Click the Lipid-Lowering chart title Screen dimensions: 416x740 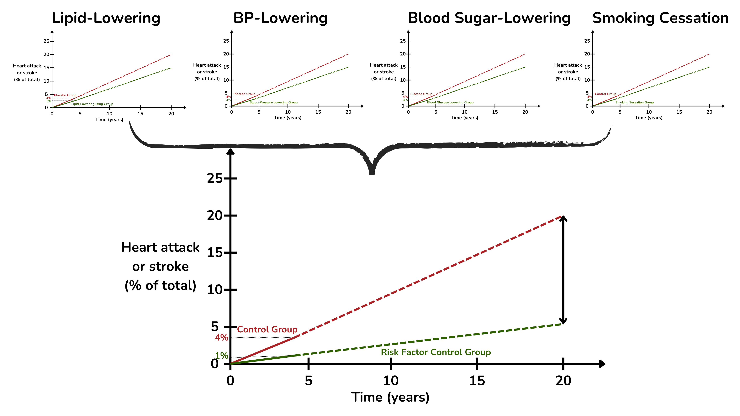point(106,18)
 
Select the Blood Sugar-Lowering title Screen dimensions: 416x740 point(489,18)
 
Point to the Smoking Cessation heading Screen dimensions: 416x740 point(660,18)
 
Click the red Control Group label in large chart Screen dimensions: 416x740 point(267,329)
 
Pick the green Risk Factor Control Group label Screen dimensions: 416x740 point(436,352)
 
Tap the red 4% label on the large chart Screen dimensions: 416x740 point(221,338)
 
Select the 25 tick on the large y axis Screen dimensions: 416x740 point(215,179)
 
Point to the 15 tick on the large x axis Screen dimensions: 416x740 point(477,381)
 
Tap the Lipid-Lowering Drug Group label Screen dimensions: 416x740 point(92,104)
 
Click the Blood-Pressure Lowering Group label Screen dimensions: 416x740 point(273,102)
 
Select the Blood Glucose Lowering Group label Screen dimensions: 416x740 point(450,102)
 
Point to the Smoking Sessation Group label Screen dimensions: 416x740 point(634,102)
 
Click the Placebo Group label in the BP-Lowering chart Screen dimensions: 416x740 point(245,94)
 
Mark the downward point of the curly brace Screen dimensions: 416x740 point(372,172)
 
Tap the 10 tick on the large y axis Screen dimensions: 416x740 point(215,290)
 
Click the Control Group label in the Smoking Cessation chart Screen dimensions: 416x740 point(605,94)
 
